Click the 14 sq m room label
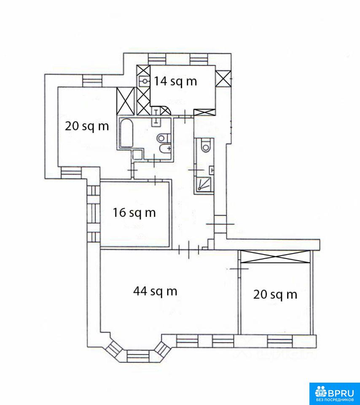click(175, 81)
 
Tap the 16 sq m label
click(134, 213)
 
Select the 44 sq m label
click(155, 292)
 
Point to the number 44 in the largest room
click(141, 291)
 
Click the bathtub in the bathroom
click(126, 133)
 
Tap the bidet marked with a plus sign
click(165, 149)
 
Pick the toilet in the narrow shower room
click(206, 146)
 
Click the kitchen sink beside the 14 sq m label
click(144, 81)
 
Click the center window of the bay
click(139, 356)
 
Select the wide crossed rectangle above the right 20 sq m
click(274, 256)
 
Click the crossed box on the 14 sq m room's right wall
click(223, 78)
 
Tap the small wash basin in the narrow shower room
click(212, 170)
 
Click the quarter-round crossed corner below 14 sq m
click(165, 111)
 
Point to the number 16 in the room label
click(119, 213)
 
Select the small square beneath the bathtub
click(137, 154)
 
